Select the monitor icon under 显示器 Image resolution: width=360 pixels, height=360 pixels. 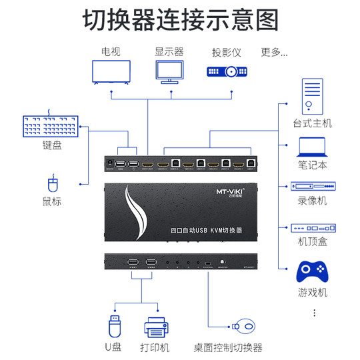(x=169, y=71)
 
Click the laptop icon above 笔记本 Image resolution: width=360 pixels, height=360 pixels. (x=311, y=147)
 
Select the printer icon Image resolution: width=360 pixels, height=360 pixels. (x=157, y=327)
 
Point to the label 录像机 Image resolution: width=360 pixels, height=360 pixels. (x=312, y=200)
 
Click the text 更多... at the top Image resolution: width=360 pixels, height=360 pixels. (x=274, y=51)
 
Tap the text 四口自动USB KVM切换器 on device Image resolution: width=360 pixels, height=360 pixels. (x=206, y=230)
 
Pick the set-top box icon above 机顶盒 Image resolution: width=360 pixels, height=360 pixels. (x=311, y=229)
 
